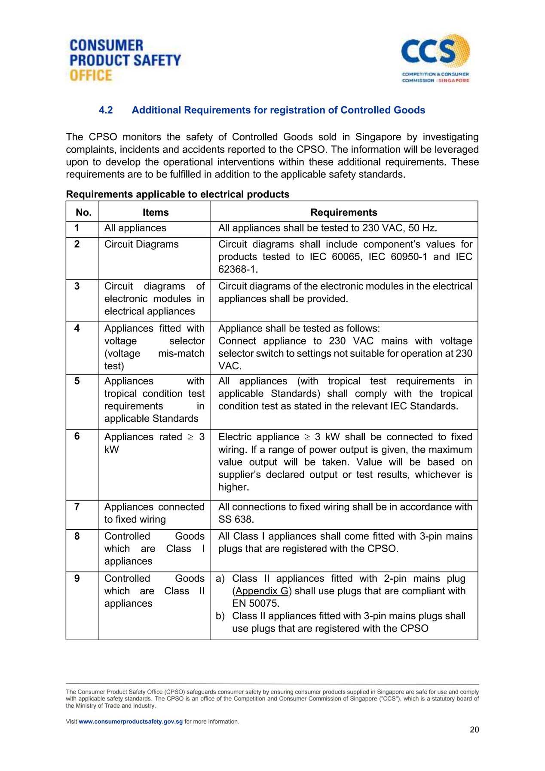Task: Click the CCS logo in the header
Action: click(x=435, y=58)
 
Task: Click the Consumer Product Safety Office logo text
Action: click(x=125, y=60)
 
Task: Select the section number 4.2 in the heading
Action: click(x=106, y=110)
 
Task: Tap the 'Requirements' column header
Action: click(x=343, y=212)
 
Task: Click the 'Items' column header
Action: click(x=156, y=212)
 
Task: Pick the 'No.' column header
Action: click(x=83, y=212)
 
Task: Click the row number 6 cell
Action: click(x=77, y=436)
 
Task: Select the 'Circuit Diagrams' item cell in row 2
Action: click(x=141, y=244)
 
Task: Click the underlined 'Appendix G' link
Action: click(x=262, y=591)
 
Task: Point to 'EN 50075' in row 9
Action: click(x=255, y=603)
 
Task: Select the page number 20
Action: click(x=474, y=730)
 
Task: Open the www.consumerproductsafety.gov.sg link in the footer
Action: click(x=131, y=722)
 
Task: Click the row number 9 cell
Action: click(x=77, y=578)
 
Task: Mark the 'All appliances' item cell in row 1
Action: click(x=135, y=228)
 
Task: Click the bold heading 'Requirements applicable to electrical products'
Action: click(x=178, y=194)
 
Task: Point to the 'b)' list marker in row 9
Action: click(x=220, y=616)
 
